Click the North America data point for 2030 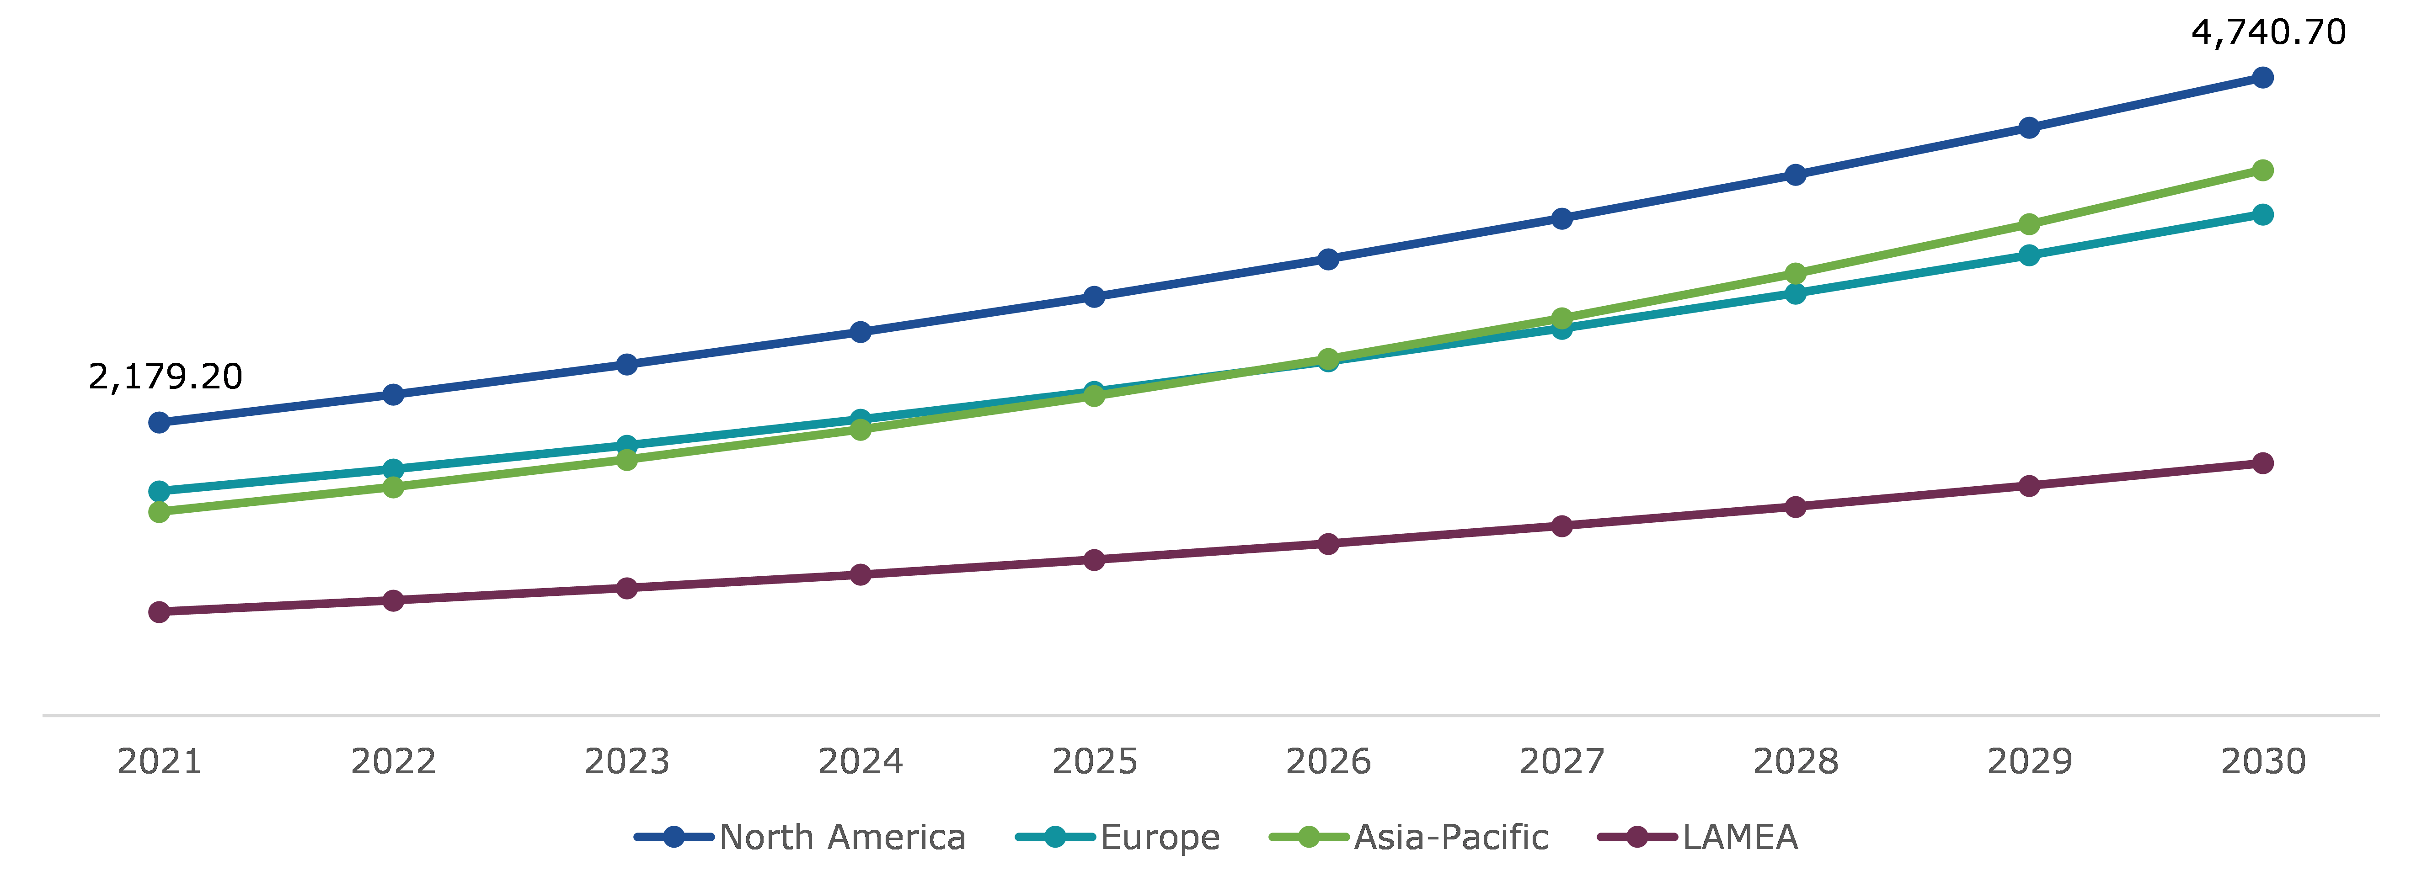[x=2262, y=77]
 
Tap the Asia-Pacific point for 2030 [x=2262, y=170]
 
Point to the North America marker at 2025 [x=1093, y=297]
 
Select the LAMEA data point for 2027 [x=1561, y=526]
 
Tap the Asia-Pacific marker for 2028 [x=1795, y=274]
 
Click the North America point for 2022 [x=393, y=395]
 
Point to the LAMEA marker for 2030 [x=2262, y=463]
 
